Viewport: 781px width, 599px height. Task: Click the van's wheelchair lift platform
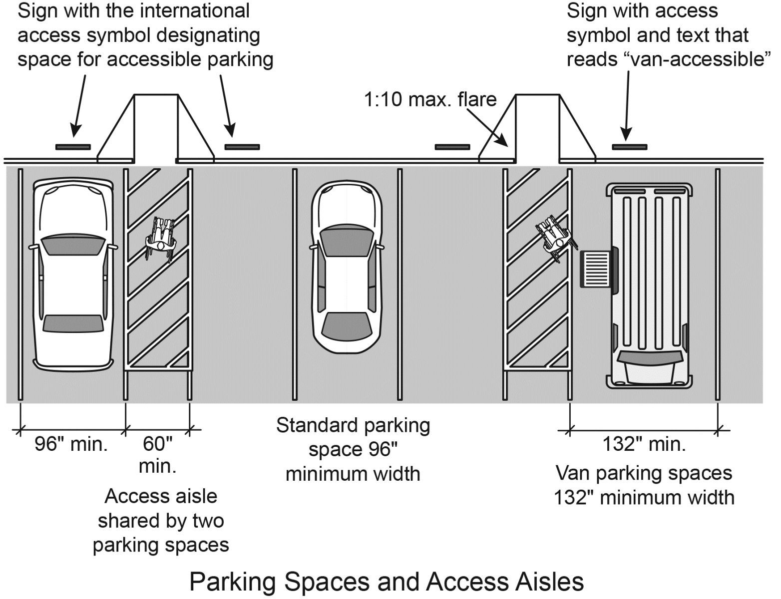point(595,269)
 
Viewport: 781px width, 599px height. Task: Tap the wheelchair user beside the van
point(555,238)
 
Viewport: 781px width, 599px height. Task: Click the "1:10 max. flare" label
point(430,99)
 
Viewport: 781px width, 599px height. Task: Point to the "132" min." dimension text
point(644,444)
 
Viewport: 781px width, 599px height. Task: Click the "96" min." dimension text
point(71,444)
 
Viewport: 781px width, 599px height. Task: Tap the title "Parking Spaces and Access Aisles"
point(387,582)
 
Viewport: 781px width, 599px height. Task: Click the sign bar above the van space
point(630,147)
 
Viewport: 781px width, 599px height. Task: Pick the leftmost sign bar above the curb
point(73,147)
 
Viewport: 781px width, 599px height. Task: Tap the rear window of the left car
point(73,323)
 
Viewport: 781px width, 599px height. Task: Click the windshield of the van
point(650,356)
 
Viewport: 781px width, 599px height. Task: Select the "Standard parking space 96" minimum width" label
point(353,450)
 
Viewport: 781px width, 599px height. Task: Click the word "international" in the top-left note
point(194,10)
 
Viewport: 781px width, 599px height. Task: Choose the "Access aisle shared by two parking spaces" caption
point(161,521)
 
